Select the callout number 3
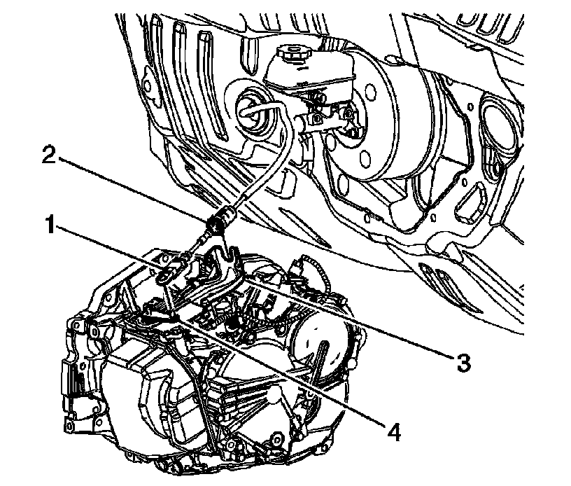click(x=462, y=362)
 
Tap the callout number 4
click(x=395, y=431)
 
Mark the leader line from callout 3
click(x=350, y=319)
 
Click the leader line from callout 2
click(x=140, y=189)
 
